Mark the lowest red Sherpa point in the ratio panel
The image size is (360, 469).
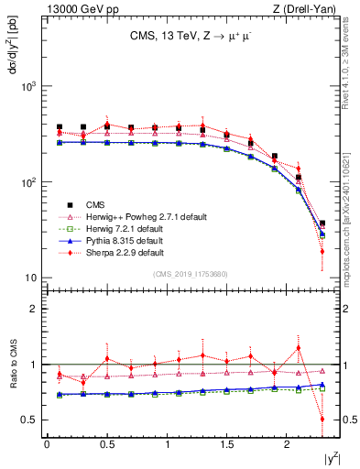(x=322, y=420)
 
